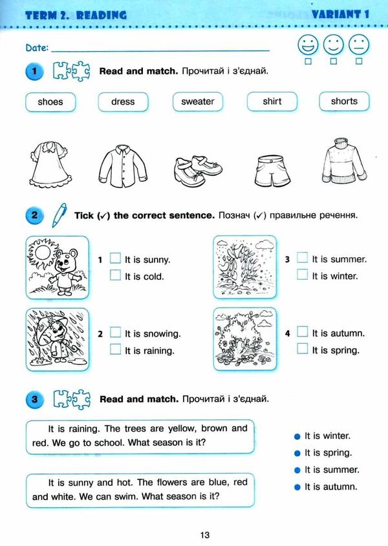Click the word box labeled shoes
pyautogui.click(x=50, y=102)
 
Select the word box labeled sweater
pyautogui.click(x=197, y=102)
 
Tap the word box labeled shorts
pyautogui.click(x=343, y=101)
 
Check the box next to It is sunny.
pyautogui.click(x=115, y=258)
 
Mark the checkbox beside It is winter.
pyautogui.click(x=302, y=275)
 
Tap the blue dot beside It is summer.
pyautogui.click(x=297, y=470)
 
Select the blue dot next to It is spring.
pyautogui.click(x=297, y=454)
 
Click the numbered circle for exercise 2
pyautogui.click(x=33, y=216)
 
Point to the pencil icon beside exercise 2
pyautogui.click(x=59, y=213)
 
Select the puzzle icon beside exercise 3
pyautogui.click(x=71, y=399)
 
